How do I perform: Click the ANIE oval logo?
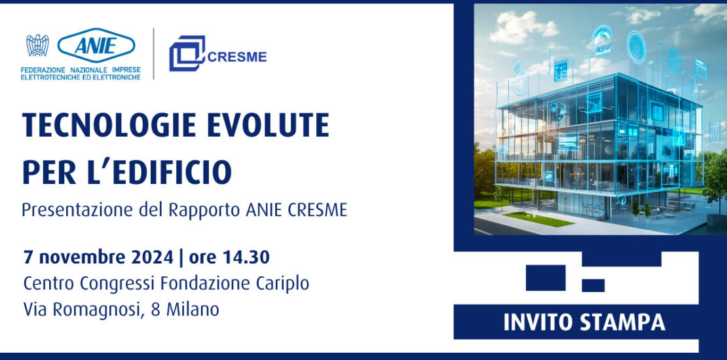tap(96, 45)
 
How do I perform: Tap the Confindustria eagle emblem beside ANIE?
tap(37, 45)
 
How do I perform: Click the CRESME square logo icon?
tap(187, 53)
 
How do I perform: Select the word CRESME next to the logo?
tap(237, 56)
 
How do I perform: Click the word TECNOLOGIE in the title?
tap(110, 125)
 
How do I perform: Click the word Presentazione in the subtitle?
tap(78, 210)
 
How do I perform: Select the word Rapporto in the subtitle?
tap(204, 211)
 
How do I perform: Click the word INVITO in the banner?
tap(538, 323)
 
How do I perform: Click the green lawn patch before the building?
tap(538, 219)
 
